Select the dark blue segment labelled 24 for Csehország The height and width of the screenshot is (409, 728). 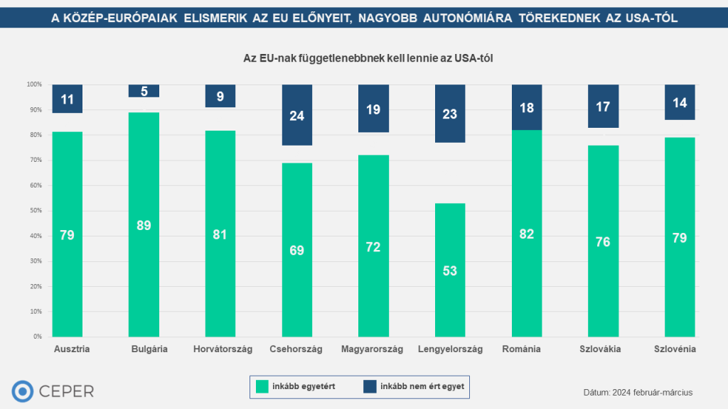[297, 115]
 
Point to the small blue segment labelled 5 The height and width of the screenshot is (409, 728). [144, 91]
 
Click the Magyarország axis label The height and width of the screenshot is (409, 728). [372, 349]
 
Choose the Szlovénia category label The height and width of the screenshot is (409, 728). [674, 349]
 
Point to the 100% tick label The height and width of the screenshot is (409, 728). [33, 84]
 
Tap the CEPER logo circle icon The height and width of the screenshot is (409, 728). [23, 391]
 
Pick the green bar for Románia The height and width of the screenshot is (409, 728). [526, 234]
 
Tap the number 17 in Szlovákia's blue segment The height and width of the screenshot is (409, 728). [603, 107]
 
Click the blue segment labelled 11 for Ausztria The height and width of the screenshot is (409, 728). [68, 99]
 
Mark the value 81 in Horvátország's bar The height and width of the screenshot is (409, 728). [220, 234]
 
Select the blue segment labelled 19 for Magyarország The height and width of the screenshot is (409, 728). [373, 109]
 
